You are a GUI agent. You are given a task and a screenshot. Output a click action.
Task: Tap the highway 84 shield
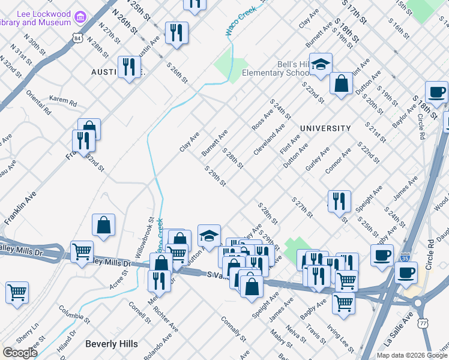76,38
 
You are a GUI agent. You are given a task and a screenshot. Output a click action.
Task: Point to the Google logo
19,353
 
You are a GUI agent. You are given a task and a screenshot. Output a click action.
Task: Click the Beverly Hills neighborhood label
112,344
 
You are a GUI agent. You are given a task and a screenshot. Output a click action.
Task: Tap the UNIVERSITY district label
325,128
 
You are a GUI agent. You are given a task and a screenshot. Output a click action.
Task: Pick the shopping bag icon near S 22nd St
342,84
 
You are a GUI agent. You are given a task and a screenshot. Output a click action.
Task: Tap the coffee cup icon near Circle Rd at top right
436,92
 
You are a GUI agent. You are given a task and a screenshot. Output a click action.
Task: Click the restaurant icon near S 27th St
339,201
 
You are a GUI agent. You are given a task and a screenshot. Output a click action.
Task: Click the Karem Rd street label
63,102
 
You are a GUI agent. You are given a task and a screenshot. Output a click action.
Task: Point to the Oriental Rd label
38,103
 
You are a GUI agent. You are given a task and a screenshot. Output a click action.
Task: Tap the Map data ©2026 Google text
411,355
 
